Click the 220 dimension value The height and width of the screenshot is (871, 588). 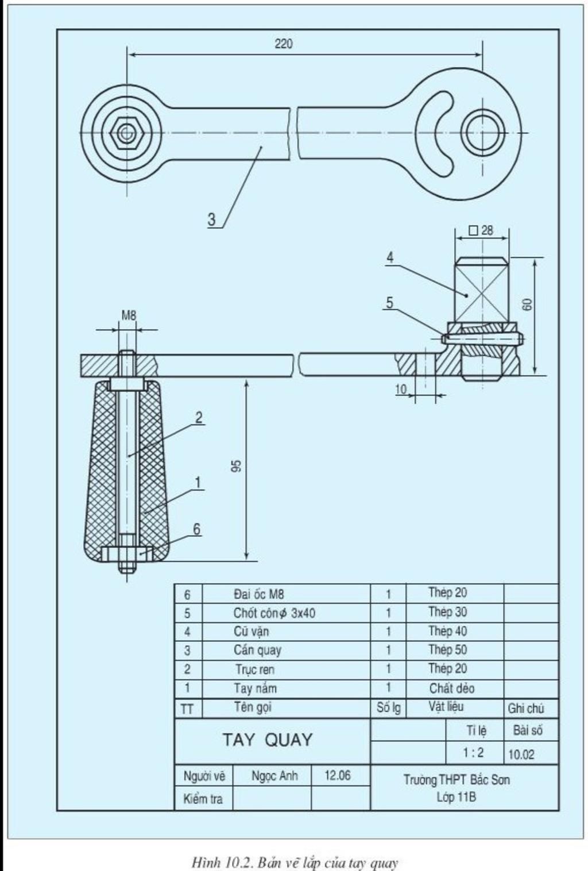(283, 44)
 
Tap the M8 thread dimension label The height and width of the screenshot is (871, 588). (129, 315)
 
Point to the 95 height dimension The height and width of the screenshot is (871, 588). (238, 465)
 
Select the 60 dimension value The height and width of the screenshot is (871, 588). (527, 305)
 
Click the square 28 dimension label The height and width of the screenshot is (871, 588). (481, 230)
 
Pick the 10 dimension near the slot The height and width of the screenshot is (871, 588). (401, 389)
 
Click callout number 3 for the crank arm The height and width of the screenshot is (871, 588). (211, 219)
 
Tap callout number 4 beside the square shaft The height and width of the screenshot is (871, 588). (390, 257)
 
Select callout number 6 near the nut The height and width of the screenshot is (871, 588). (196, 529)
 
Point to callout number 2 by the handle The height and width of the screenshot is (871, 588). (199, 418)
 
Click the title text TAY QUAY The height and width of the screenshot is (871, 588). (268, 739)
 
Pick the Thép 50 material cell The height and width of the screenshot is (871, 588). (448, 650)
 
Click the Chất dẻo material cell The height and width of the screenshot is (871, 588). (452, 688)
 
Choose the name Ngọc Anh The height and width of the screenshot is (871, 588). (274, 776)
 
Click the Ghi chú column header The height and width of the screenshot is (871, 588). (525, 708)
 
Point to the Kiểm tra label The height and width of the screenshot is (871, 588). (203, 799)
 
